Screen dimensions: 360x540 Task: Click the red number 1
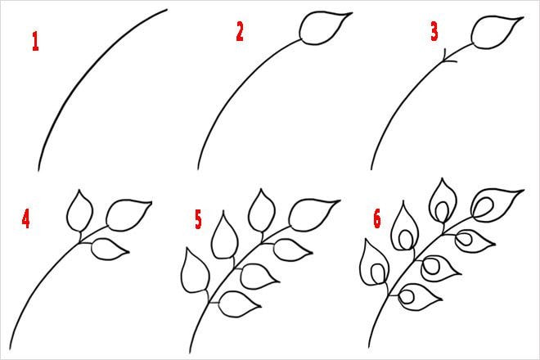tap(35, 42)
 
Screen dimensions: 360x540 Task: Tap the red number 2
tap(240, 32)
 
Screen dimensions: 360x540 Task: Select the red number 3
tap(434, 32)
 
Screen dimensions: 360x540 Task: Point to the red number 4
tap(27, 220)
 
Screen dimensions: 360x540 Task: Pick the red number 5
tap(198, 218)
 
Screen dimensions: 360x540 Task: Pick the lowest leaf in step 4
tap(107, 248)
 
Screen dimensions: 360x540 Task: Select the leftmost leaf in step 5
tap(196, 272)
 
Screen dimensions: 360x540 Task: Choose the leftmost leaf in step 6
tap(376, 266)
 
